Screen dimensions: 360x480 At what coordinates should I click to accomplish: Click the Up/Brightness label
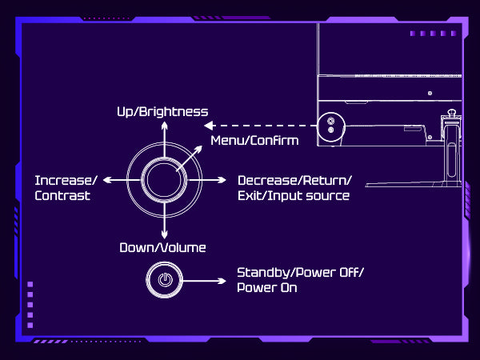click(162, 112)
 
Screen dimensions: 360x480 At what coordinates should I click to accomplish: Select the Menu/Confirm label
click(254, 141)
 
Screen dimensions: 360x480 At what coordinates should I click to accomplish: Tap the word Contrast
click(62, 195)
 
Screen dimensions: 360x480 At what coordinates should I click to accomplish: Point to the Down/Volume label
click(162, 247)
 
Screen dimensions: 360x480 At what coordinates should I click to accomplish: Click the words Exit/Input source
click(294, 195)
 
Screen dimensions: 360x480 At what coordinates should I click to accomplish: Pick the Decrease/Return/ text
click(294, 179)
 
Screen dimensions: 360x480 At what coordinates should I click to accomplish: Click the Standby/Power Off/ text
click(300, 273)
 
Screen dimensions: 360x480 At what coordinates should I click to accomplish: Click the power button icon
click(164, 280)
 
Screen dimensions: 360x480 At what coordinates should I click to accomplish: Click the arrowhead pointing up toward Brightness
click(164, 125)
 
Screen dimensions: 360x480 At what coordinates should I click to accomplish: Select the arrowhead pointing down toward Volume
click(164, 234)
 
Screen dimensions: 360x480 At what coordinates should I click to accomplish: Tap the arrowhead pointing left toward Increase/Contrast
click(109, 180)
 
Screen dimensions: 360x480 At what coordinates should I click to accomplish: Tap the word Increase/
click(66, 179)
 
